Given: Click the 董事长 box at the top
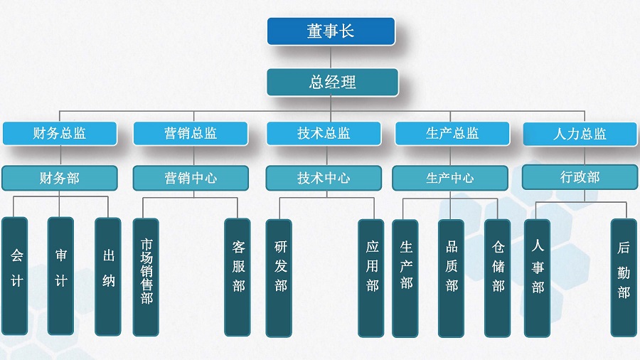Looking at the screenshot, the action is tap(331, 31).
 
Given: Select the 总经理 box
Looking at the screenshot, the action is tap(332, 82).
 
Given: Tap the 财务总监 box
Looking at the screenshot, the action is tap(60, 134).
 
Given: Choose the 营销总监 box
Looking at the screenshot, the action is tap(191, 134).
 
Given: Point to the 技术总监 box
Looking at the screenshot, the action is tap(324, 134).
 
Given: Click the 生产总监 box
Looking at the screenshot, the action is tap(452, 134).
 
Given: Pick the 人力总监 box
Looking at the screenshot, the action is tap(580, 134).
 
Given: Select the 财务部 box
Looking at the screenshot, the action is tap(60, 178).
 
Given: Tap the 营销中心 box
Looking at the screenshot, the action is tap(191, 178).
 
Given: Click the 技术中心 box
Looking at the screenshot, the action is tap(324, 178).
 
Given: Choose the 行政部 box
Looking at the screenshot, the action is tap(580, 177).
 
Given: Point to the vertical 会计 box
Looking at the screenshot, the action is tap(15, 276).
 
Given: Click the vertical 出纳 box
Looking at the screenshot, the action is tap(108, 277).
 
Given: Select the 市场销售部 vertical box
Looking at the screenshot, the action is tap(146, 277).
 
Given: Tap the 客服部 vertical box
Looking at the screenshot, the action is tap(238, 277).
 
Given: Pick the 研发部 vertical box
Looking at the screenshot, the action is tap(279, 278).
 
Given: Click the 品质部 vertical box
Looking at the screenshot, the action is tap(451, 278).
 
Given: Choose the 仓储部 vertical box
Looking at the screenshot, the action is tap(498, 278).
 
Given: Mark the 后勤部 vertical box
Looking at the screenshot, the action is tap(624, 277).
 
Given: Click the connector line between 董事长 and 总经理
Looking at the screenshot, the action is tap(331, 57).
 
